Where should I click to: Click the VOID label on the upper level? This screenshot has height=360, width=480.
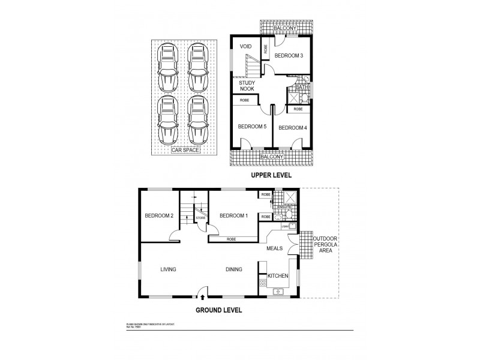(245, 46)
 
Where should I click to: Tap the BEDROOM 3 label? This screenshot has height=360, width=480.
(289, 56)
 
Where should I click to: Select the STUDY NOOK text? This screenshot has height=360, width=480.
(247, 85)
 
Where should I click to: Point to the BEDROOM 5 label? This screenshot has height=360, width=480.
(252, 127)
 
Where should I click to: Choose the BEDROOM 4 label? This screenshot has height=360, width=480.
(293, 127)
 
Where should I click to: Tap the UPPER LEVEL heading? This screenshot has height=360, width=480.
(271, 175)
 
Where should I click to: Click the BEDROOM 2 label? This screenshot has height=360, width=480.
(159, 216)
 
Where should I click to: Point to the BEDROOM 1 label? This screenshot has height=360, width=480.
(233, 216)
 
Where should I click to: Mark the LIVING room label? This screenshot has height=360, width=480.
(168, 269)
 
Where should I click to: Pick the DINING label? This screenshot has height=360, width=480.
(233, 269)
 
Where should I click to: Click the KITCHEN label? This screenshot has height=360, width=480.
(278, 276)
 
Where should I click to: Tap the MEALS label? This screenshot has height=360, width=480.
(275, 248)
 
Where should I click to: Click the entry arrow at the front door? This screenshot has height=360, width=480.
(202, 296)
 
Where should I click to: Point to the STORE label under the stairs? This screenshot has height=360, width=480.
(200, 218)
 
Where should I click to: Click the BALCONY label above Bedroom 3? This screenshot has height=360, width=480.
(284, 28)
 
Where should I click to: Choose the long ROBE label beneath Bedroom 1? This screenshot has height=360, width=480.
(231, 239)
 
